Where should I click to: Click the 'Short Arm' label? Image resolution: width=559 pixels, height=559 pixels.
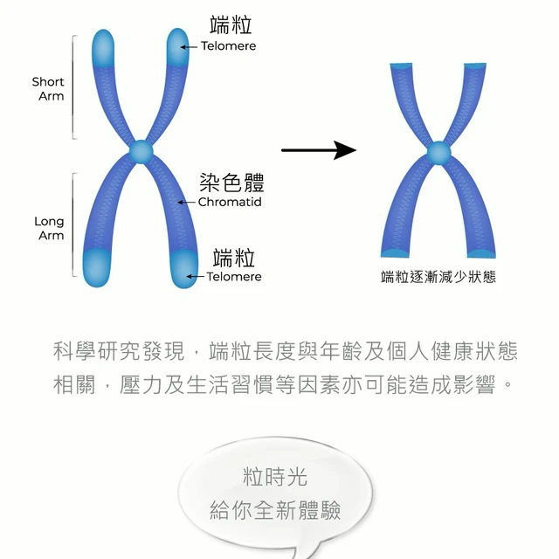coord(49,88)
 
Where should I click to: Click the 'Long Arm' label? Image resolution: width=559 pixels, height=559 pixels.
coord(49,228)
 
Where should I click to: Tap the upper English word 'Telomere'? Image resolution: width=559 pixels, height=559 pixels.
coord(229,45)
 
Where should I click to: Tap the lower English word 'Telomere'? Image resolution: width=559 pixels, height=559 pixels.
coord(233,277)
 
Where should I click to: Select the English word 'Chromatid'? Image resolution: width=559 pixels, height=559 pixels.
coord(230,202)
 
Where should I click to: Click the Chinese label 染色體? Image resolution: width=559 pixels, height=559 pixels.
coord(231,183)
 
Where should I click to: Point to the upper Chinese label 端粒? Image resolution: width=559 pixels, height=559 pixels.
coord(231,24)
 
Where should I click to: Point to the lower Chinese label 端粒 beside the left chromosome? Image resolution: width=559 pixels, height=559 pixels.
coord(234,258)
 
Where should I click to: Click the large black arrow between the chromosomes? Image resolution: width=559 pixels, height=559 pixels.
coord(319,151)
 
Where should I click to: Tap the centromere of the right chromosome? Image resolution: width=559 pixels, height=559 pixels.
coord(438,155)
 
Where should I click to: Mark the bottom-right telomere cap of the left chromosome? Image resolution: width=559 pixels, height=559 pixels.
coord(187,266)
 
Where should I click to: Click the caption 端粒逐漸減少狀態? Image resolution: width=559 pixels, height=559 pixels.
coord(438,278)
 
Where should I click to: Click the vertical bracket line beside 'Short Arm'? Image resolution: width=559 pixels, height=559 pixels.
coord(73,87)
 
